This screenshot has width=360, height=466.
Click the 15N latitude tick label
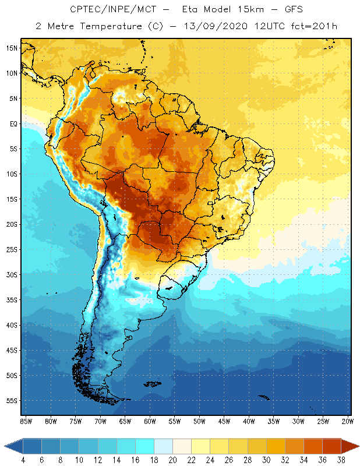click(12, 48)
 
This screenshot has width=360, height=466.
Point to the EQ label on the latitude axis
click(13, 123)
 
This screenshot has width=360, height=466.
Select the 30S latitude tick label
click(12, 274)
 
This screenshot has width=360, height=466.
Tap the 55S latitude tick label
click(12, 401)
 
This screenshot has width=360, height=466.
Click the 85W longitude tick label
click(26, 421)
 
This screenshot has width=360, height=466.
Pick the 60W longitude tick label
click(150, 421)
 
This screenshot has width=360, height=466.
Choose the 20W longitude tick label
click(347, 421)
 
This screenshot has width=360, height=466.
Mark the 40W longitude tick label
click(249, 421)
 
